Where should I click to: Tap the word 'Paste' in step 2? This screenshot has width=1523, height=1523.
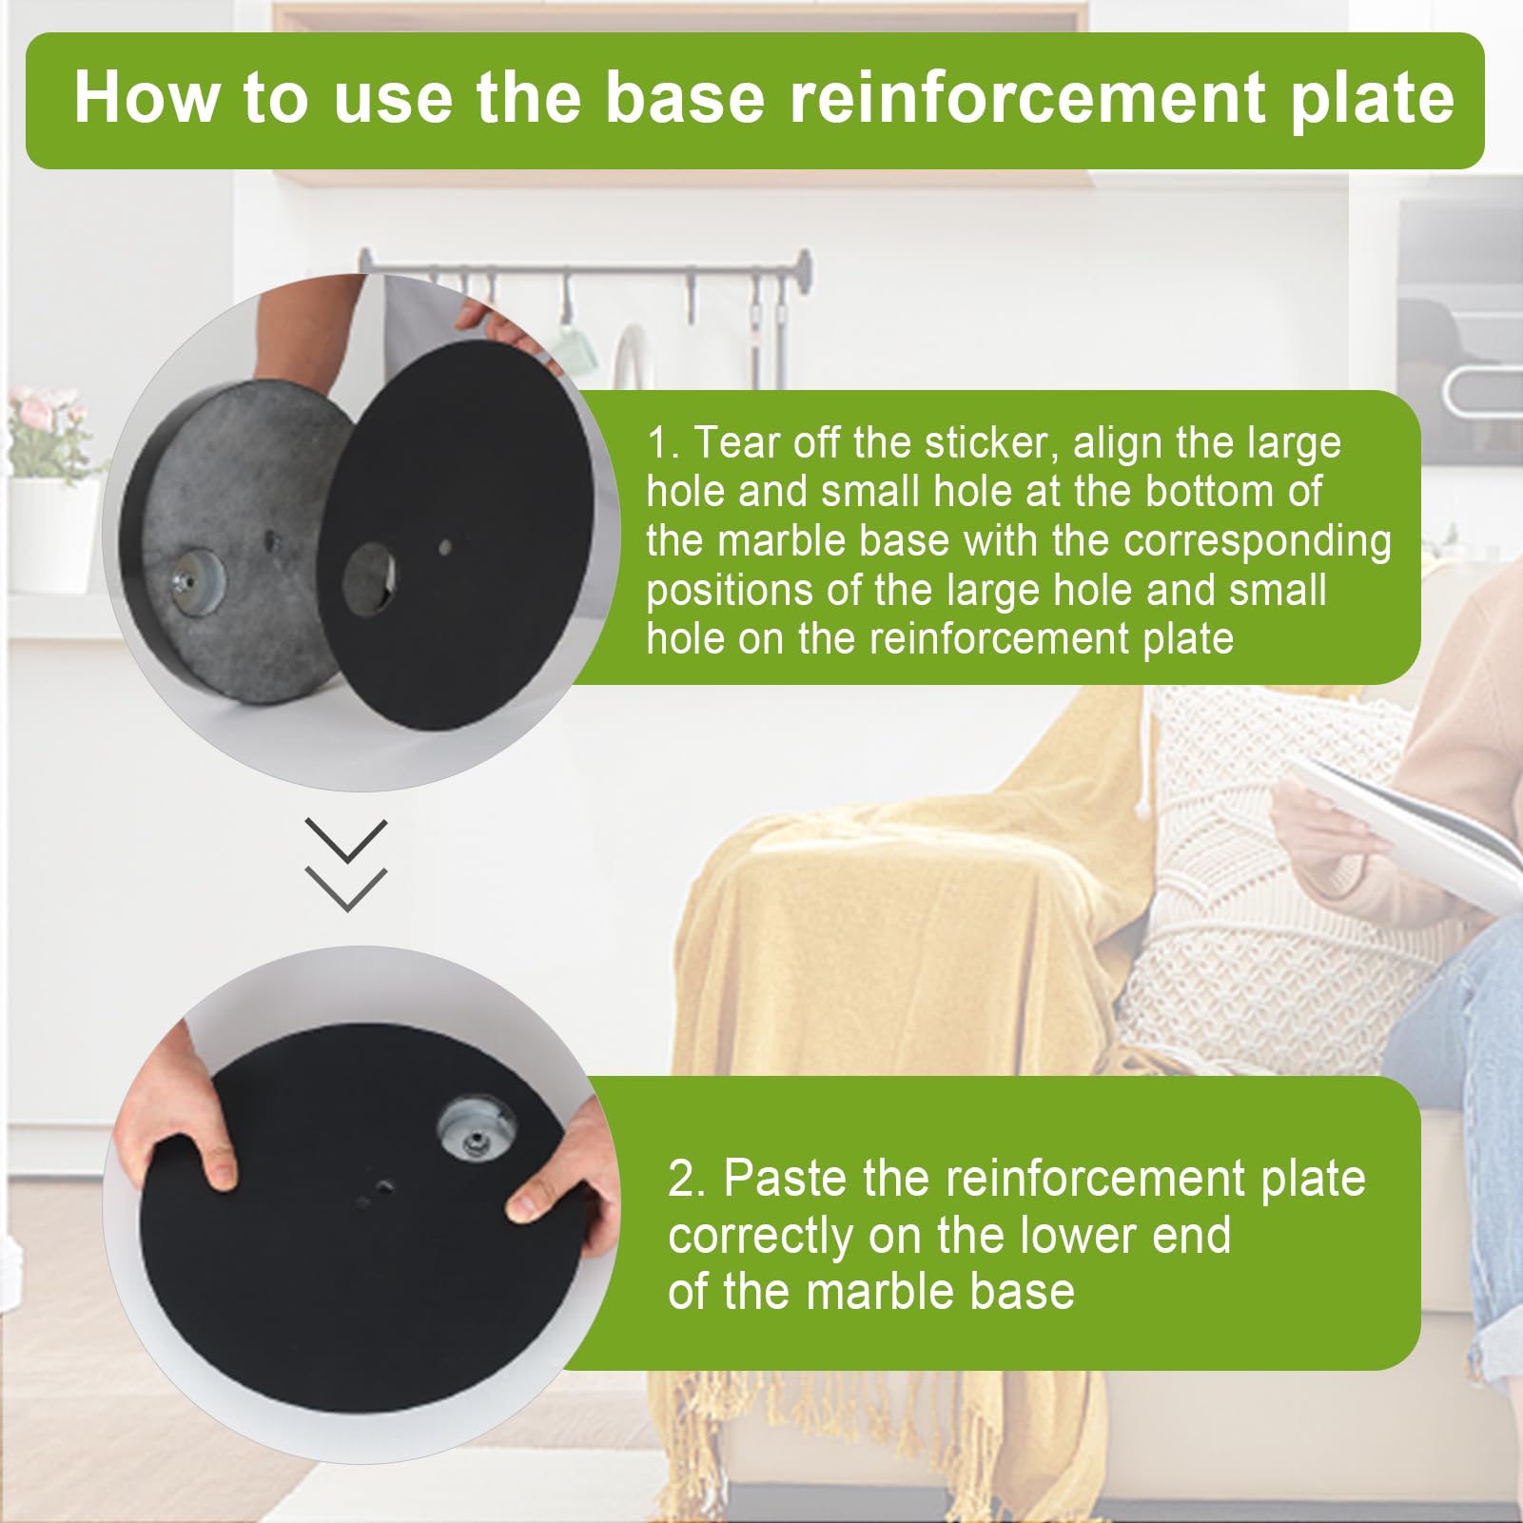point(785,1179)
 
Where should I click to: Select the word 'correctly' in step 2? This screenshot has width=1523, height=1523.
point(760,1237)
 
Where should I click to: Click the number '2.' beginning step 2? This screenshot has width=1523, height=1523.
point(688,1180)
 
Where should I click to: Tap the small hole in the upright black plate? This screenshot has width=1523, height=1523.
point(444,547)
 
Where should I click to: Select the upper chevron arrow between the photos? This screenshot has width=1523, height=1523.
point(345,840)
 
